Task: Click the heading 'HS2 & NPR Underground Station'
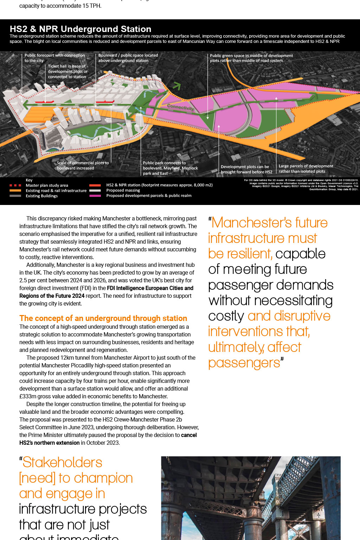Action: (81, 29)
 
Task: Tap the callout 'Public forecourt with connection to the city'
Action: (54, 58)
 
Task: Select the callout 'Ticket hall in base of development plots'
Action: (67, 71)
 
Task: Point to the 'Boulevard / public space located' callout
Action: (128, 58)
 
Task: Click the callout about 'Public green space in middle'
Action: (251, 58)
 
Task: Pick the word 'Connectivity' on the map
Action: (180, 107)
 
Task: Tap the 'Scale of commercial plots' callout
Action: (83, 166)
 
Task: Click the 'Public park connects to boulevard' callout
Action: (170, 168)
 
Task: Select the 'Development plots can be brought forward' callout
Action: (246, 169)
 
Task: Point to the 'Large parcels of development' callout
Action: (306, 168)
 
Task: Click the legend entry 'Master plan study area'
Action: (47, 185)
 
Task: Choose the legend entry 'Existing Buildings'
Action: (41, 196)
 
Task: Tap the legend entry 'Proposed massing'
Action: (123, 190)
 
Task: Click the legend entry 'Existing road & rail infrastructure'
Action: (56, 191)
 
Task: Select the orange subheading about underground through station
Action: (103, 318)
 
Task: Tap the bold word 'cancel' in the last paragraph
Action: (189, 435)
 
